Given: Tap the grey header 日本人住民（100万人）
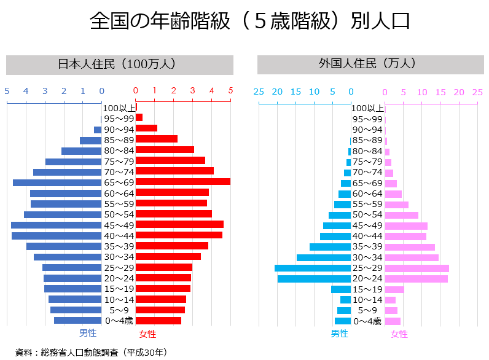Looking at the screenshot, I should pyautogui.click(x=120, y=64).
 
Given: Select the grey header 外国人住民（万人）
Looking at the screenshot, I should pyautogui.click(x=367, y=64).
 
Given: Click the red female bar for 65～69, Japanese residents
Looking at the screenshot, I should pyautogui.click(x=182, y=182).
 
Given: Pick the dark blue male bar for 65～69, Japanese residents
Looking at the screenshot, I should pyautogui.click(x=57, y=182).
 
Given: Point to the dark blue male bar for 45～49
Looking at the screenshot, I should pyautogui.click(x=57, y=225).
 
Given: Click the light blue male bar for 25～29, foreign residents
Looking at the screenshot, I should pyautogui.click(x=313, y=268).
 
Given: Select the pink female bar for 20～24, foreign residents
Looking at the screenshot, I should pyautogui.click(x=416, y=279).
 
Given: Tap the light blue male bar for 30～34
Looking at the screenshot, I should pyautogui.click(x=324, y=257).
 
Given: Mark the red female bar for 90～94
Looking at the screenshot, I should pyautogui.click(x=146, y=128).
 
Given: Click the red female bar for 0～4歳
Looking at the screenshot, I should pyautogui.click(x=158, y=321).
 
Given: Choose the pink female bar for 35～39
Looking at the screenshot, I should pyautogui.click(x=410, y=247).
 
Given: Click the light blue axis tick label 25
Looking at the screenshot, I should pyautogui.click(x=259, y=92).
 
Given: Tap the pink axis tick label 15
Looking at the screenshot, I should pyautogui.click(x=440, y=92).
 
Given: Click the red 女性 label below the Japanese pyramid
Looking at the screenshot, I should pyautogui.click(x=147, y=334).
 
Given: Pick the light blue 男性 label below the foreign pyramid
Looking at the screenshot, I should pyautogui.click(x=339, y=334).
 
